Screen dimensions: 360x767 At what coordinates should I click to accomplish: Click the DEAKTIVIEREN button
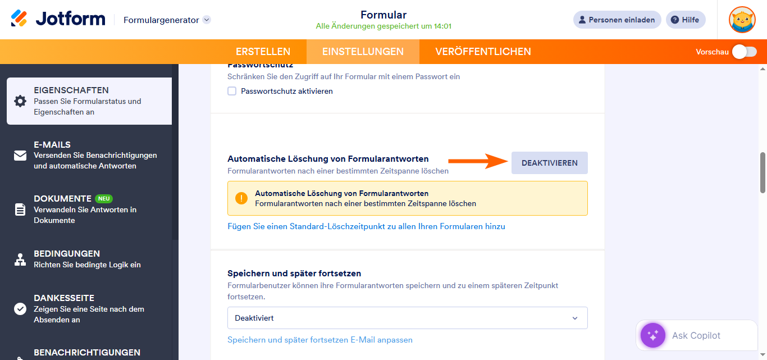click(x=549, y=163)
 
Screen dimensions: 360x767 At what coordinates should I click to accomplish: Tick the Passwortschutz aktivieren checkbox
click(x=232, y=91)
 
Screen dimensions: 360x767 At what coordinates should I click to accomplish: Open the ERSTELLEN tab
click(x=263, y=52)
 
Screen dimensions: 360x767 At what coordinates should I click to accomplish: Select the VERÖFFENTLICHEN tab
click(x=483, y=52)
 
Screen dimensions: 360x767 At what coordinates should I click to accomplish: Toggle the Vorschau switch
click(x=744, y=52)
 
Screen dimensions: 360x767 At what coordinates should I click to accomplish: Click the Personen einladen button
click(x=617, y=20)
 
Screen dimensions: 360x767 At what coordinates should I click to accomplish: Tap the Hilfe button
click(x=685, y=20)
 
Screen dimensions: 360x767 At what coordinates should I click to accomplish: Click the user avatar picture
click(x=742, y=20)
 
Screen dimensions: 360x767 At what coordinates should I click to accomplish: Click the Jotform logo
click(x=58, y=19)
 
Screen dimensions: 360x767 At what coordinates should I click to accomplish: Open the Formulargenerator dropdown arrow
click(x=207, y=20)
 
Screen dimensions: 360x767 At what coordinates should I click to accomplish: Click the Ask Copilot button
click(x=696, y=335)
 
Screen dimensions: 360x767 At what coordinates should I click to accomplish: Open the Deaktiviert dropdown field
click(x=407, y=318)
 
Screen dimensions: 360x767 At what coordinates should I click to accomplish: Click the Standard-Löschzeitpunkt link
click(x=366, y=226)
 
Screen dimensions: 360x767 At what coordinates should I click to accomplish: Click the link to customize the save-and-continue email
click(x=319, y=340)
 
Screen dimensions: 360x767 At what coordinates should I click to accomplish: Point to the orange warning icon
click(x=241, y=198)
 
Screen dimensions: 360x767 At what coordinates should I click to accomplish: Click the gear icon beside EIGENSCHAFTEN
click(x=20, y=101)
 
